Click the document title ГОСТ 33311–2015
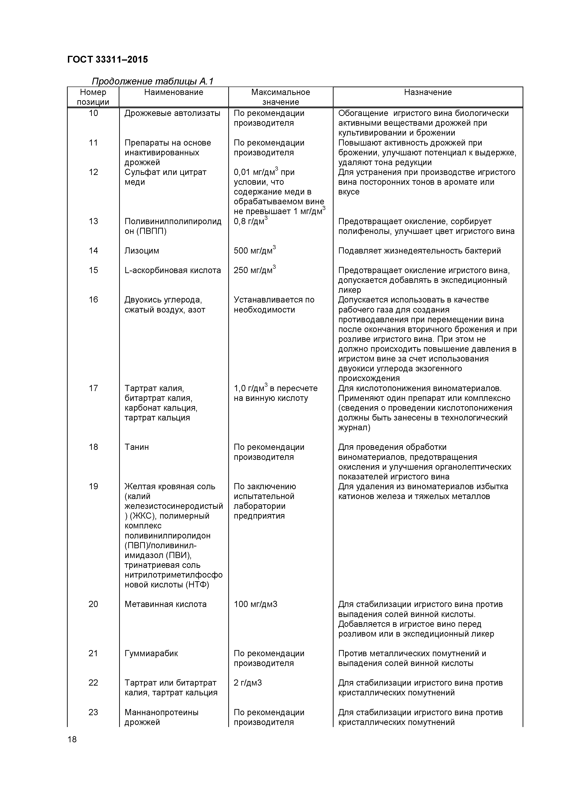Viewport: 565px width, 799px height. [107, 59]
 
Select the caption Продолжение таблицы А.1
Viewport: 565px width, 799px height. [152, 82]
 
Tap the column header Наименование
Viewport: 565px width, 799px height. [174, 92]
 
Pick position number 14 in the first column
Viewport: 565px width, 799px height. [93, 251]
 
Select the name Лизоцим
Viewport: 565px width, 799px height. [142, 251]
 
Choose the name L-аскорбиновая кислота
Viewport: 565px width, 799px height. [173, 270]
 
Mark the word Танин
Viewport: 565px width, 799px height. [136, 447]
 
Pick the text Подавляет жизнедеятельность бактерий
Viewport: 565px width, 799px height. [419, 251]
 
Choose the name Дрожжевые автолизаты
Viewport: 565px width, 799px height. [172, 113]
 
